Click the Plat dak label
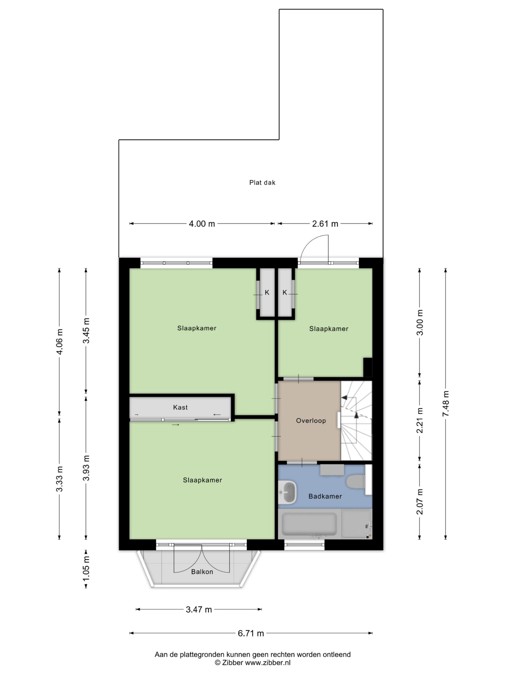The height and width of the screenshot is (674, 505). tap(262, 182)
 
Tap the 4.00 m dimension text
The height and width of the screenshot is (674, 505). tap(202, 224)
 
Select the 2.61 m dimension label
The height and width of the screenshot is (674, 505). tap(325, 224)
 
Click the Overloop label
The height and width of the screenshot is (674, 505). tap(311, 421)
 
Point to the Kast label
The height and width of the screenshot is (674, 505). tap(180, 407)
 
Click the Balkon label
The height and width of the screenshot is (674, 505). tap(202, 572)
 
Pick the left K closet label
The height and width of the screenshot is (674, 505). tap(267, 293)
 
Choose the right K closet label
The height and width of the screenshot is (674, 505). tap(285, 293)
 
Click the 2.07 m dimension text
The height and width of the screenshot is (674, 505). tap(420, 501)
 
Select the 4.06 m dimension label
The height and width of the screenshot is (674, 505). tap(60, 341)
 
